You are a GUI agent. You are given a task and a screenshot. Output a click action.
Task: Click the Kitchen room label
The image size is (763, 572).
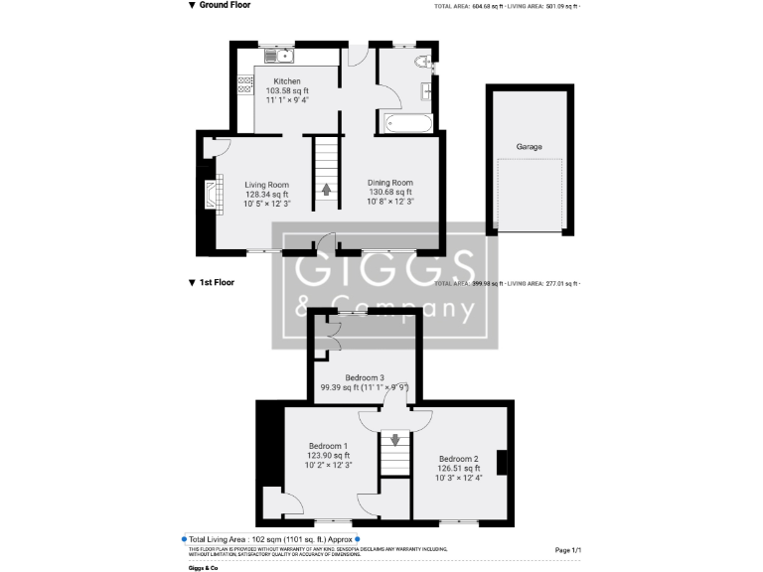(287, 81)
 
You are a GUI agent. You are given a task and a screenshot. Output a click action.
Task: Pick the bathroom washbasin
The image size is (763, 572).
(428, 92)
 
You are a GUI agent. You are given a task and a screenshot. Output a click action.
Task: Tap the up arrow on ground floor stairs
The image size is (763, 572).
(326, 189)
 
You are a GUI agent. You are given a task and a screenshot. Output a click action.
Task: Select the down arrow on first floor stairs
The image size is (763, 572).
(395, 440)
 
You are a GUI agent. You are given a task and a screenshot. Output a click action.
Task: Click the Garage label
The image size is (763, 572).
(529, 147)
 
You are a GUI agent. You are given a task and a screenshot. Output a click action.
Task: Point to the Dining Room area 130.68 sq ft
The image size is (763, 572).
(389, 192)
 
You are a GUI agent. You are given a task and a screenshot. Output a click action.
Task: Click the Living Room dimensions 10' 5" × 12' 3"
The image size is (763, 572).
(266, 203)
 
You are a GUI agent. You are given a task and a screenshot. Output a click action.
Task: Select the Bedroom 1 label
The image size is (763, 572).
(328, 446)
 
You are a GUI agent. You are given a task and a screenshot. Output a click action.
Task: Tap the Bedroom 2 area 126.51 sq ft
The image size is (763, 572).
(458, 469)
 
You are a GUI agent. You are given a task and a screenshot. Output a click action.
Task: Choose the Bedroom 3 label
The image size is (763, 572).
(365, 377)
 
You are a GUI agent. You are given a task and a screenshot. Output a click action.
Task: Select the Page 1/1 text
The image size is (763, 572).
(568, 549)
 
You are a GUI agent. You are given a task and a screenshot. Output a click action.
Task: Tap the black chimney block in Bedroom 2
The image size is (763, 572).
(503, 464)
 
